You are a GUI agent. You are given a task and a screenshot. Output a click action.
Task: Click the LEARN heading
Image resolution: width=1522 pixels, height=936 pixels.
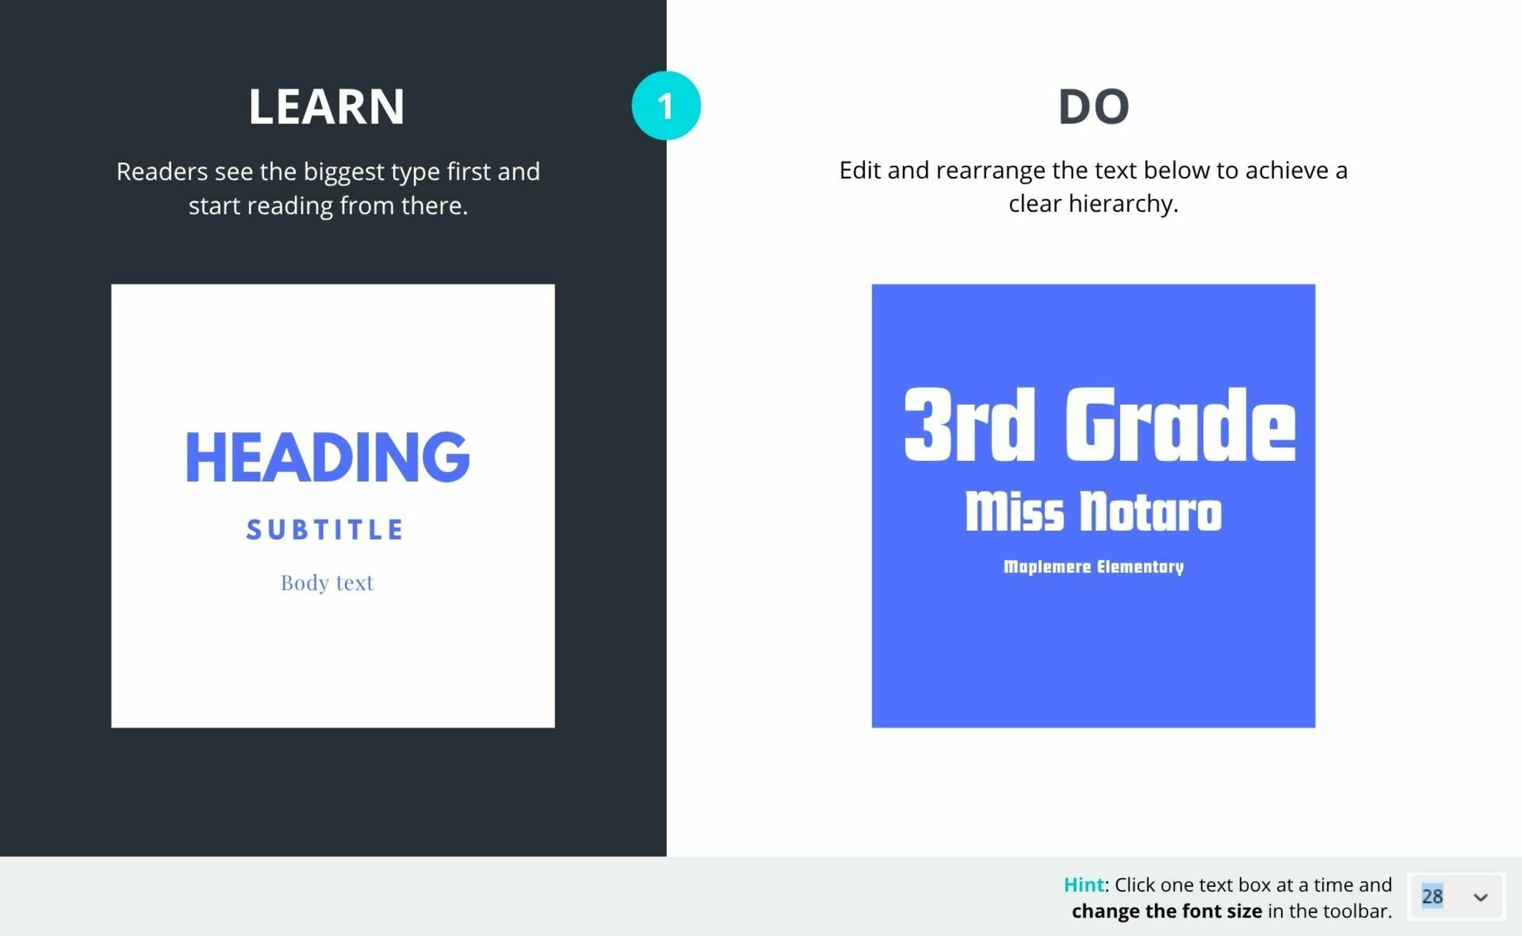pyautogui.click(x=326, y=106)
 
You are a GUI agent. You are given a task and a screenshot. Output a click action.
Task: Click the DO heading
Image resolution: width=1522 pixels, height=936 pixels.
pyautogui.click(x=1093, y=106)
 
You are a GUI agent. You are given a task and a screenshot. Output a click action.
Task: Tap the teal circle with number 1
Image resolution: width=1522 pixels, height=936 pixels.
pyautogui.click(x=666, y=106)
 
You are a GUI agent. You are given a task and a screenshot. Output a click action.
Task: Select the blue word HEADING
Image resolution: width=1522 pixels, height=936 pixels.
pyautogui.click(x=327, y=456)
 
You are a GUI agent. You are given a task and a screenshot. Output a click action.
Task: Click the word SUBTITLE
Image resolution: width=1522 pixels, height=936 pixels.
pyautogui.click(x=326, y=530)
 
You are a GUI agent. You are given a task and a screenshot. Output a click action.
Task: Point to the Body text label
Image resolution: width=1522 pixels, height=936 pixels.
pyautogui.click(x=327, y=582)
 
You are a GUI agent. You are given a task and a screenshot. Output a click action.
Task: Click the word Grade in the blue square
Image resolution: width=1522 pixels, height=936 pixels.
pyautogui.click(x=1180, y=425)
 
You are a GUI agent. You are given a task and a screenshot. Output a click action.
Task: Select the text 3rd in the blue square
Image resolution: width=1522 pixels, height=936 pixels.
pyautogui.click(x=969, y=425)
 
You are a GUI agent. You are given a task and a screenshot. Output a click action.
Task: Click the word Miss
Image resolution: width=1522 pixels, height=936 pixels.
pyautogui.click(x=1014, y=511)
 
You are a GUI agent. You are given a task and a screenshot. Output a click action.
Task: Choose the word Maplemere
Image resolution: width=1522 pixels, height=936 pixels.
pyautogui.click(x=1046, y=567)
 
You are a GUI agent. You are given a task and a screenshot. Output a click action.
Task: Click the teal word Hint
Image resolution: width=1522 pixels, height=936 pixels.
pyautogui.click(x=1084, y=885)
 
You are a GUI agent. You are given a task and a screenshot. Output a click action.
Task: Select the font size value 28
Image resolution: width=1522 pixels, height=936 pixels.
pyautogui.click(x=1432, y=896)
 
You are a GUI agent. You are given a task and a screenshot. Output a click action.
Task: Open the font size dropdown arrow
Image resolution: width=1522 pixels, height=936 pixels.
pyautogui.click(x=1480, y=897)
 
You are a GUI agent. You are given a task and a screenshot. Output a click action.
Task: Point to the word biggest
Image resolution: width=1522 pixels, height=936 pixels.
pyautogui.click(x=344, y=172)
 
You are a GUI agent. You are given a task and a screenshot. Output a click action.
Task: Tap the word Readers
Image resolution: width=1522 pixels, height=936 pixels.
pyautogui.click(x=162, y=172)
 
